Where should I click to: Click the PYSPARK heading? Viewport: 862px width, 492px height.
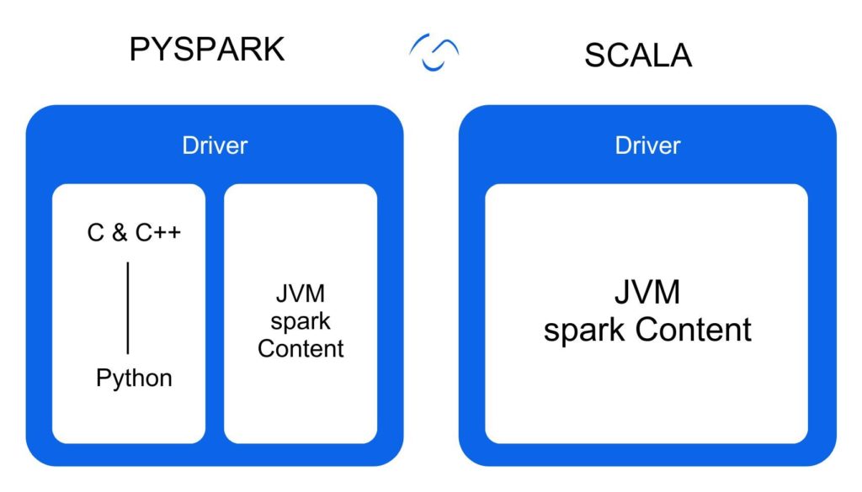pyautogui.click(x=207, y=50)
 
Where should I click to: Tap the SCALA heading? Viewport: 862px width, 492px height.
pyautogui.click(x=637, y=55)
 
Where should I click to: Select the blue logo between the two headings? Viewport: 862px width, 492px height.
pyautogui.click(x=434, y=52)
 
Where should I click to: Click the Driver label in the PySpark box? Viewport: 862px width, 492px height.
pyautogui.click(x=215, y=145)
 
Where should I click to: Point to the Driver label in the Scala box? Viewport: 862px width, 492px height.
pyautogui.click(x=647, y=145)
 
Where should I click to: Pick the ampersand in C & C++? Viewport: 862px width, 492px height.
pyautogui.click(x=120, y=233)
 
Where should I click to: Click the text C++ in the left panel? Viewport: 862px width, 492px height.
pyautogui.click(x=157, y=233)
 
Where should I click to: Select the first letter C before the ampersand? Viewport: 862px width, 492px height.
pyautogui.click(x=96, y=233)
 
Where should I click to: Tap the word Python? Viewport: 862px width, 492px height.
pyautogui.click(x=134, y=378)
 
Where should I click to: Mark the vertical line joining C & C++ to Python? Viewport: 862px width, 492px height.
pyautogui.click(x=128, y=308)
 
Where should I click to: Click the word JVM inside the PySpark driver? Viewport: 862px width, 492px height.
pyautogui.click(x=300, y=295)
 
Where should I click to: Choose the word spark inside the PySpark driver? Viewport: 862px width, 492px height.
pyautogui.click(x=301, y=321)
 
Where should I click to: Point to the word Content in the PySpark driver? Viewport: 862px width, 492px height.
pyautogui.click(x=301, y=348)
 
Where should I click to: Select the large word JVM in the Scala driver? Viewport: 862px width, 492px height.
pyautogui.click(x=646, y=293)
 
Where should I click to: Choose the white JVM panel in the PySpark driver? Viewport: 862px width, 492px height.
pyautogui.click(x=301, y=404)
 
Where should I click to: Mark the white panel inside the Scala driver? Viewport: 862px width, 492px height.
pyautogui.click(x=646, y=404)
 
